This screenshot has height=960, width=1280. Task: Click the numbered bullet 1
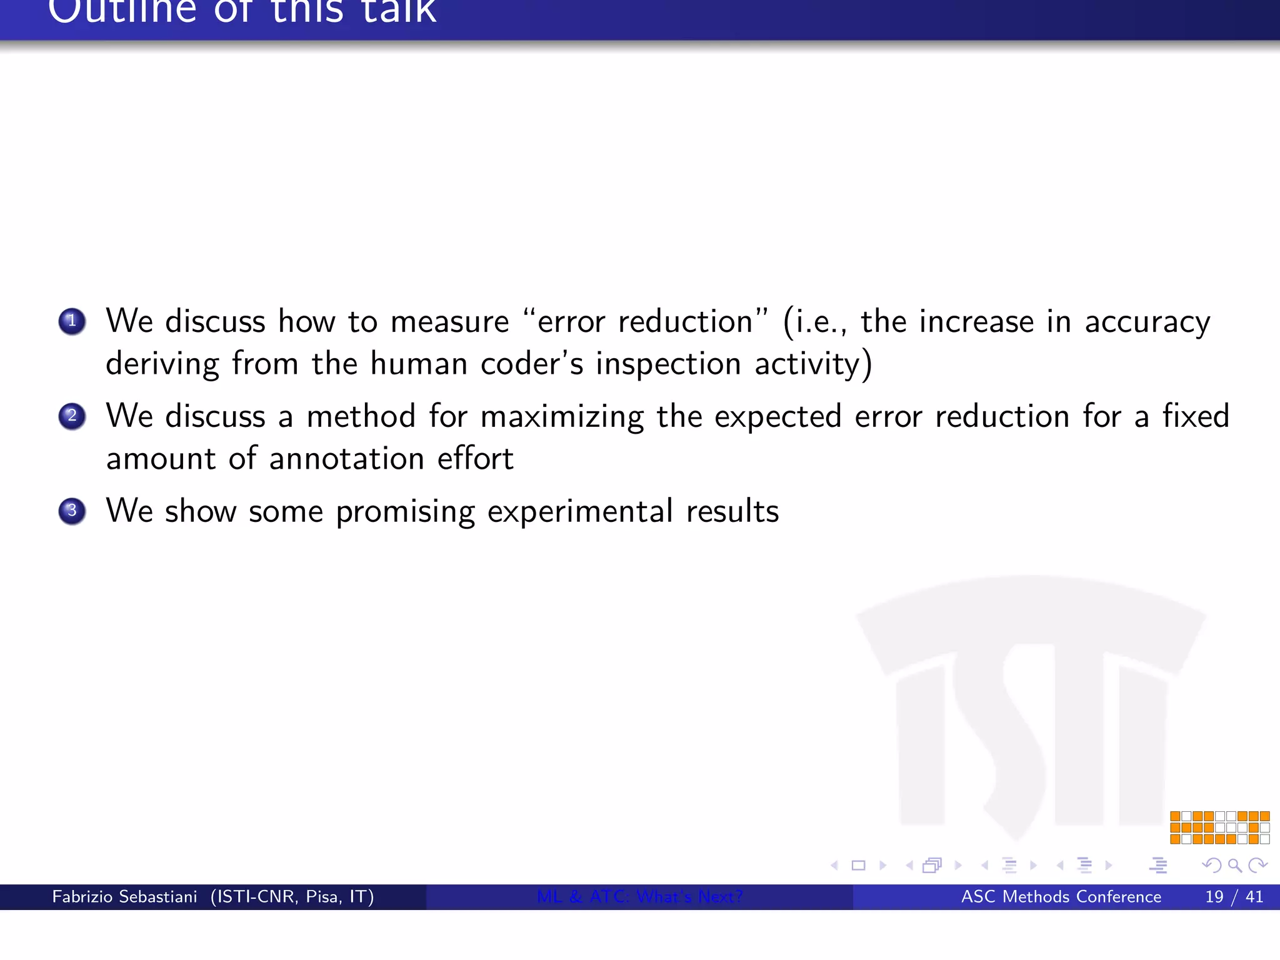pyautogui.click(x=72, y=321)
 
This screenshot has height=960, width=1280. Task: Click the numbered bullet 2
pyautogui.click(x=72, y=416)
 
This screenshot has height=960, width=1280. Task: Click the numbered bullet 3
pyautogui.click(x=72, y=511)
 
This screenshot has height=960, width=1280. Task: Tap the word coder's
pyautogui.click(x=532, y=364)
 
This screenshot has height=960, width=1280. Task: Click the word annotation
pyautogui.click(x=347, y=459)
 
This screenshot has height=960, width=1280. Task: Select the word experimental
pyautogui.click(x=580, y=512)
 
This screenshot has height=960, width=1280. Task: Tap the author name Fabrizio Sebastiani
pyautogui.click(x=124, y=897)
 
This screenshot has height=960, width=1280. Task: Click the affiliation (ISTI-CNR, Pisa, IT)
pyautogui.click(x=292, y=897)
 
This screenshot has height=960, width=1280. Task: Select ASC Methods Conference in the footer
pyautogui.click(x=1061, y=897)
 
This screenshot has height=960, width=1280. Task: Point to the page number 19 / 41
pyautogui.click(x=1234, y=897)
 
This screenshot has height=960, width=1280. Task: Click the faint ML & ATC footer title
pyautogui.click(x=639, y=897)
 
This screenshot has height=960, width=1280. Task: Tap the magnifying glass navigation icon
pyautogui.click(x=1234, y=865)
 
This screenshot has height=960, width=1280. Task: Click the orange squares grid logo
pyautogui.click(x=1219, y=827)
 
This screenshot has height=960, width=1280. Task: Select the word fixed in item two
pyautogui.click(x=1196, y=417)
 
